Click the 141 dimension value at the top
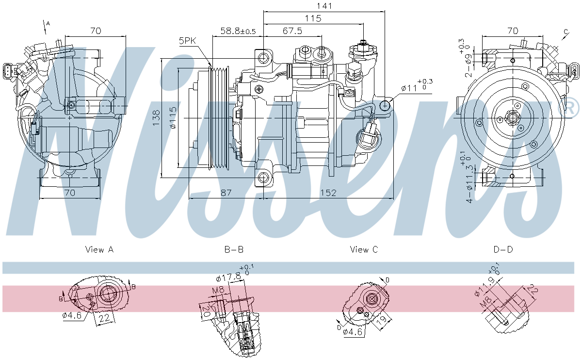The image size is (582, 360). [x=324, y=6]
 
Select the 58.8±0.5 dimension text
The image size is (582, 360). [x=238, y=31]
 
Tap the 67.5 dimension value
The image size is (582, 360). [x=292, y=31]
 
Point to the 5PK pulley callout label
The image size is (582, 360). [x=187, y=41]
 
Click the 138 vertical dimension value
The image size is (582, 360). [x=156, y=118]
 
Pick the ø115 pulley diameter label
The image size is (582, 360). [x=173, y=118]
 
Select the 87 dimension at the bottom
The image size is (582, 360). [x=226, y=193]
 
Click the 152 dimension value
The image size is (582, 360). [x=328, y=193]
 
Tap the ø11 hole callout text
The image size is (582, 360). [x=409, y=88]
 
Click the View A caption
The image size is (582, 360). [x=99, y=249]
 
